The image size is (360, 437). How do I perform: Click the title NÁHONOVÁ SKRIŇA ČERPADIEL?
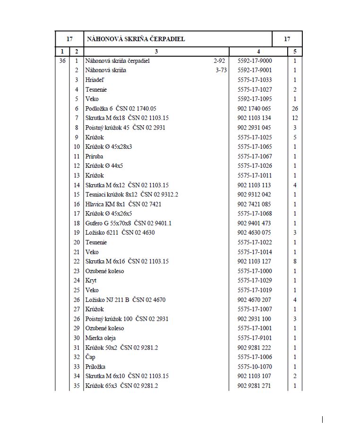point(135,39)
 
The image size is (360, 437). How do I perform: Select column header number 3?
point(156,51)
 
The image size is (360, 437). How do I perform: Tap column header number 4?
point(258,51)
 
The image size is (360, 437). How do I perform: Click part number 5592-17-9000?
point(255,61)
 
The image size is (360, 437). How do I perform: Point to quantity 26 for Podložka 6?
point(295,109)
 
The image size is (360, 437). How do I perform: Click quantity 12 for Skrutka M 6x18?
point(295,118)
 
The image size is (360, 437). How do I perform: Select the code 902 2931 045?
point(254,128)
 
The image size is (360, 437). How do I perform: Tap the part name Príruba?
point(94,156)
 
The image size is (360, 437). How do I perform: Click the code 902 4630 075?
point(254,232)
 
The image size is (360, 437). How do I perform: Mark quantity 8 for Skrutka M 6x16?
point(295,261)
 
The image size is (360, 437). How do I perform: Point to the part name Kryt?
point(91,281)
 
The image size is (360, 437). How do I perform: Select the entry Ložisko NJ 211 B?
point(125,300)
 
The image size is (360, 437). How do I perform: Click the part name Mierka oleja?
point(100,338)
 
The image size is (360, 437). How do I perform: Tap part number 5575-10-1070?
point(255,367)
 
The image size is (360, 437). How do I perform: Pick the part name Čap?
point(90,357)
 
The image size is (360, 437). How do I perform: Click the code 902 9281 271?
point(254,386)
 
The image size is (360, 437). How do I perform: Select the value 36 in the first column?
point(62,61)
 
